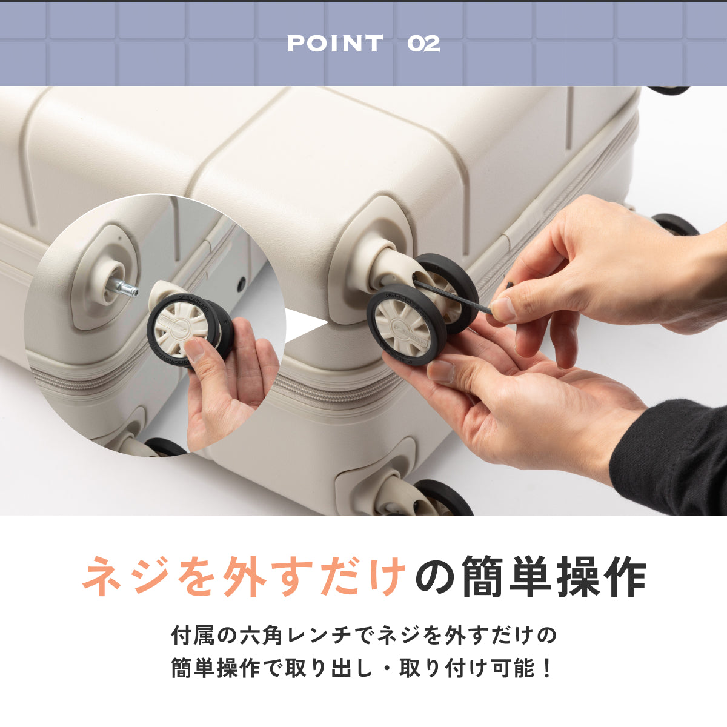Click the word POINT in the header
(334, 44)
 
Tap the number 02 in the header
(423, 44)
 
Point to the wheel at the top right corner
(669, 90)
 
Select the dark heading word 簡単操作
(554, 576)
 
